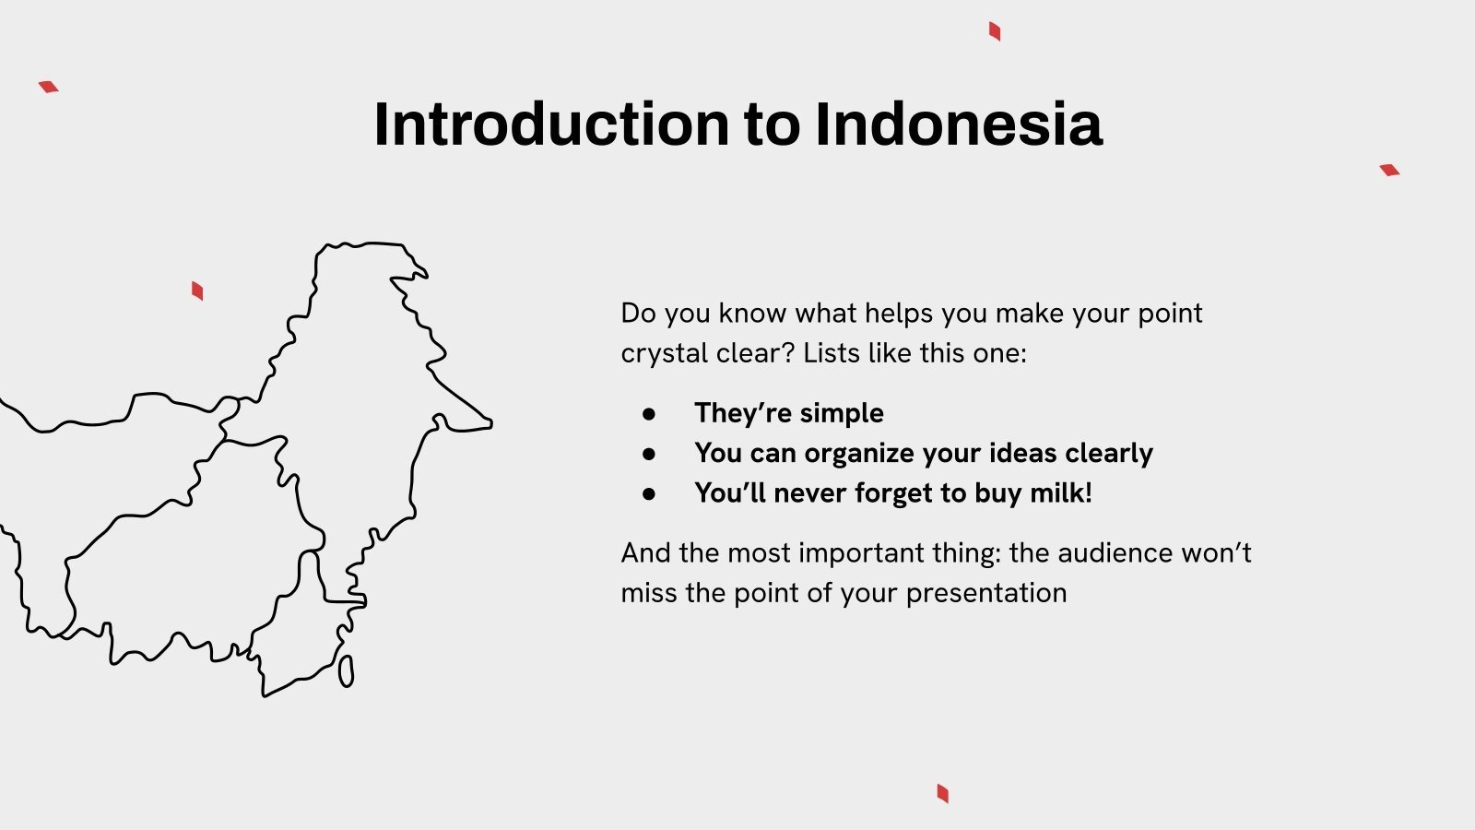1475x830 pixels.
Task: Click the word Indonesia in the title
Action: [x=959, y=125]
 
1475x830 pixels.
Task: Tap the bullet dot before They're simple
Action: [x=649, y=414]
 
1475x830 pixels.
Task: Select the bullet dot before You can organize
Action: [x=649, y=454]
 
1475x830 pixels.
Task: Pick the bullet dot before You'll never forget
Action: [x=649, y=494]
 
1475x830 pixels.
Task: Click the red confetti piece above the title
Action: [x=995, y=31]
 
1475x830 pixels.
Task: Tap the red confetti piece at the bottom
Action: [x=942, y=793]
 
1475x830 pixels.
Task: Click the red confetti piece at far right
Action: [x=1389, y=170]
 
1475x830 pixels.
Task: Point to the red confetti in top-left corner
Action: [x=49, y=87]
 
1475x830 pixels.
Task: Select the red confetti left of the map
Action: [x=197, y=291]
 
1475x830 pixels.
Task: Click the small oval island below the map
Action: [x=346, y=670]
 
